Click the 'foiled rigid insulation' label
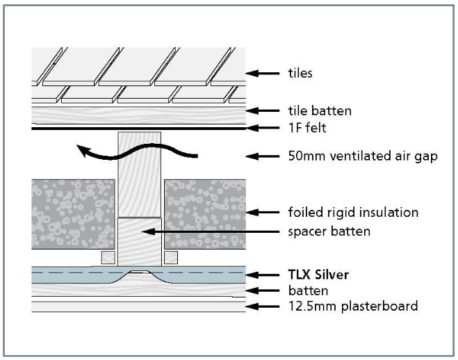pos(353,212)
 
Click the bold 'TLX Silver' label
pos(318,274)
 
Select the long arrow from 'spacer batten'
pos(208,229)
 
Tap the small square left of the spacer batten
pos(108,257)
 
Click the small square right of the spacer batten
pos(171,257)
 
